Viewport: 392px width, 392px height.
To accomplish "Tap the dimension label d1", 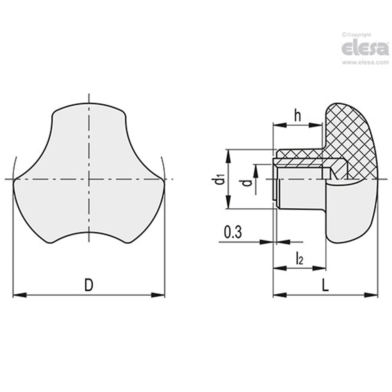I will pos(220,179).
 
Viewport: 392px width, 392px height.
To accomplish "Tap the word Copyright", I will pos(358,35).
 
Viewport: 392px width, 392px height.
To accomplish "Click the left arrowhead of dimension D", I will pos(19,295).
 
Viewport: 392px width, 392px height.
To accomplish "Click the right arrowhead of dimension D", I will pos(158,295).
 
